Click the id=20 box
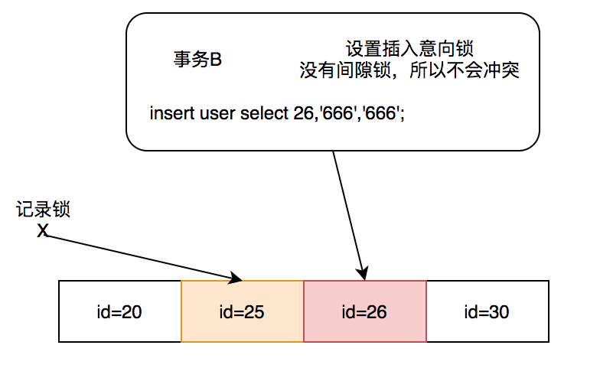[x=119, y=311]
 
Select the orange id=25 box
[x=243, y=311]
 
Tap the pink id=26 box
[x=365, y=311]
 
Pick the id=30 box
[x=487, y=311]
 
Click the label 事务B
[x=197, y=60]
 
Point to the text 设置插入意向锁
[x=409, y=50]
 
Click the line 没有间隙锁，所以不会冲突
[x=409, y=71]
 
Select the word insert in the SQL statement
[x=172, y=113]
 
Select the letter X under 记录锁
[x=43, y=230]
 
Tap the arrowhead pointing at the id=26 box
[x=364, y=274]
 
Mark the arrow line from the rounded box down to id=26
[x=348, y=210]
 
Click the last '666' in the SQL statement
[x=383, y=113]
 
